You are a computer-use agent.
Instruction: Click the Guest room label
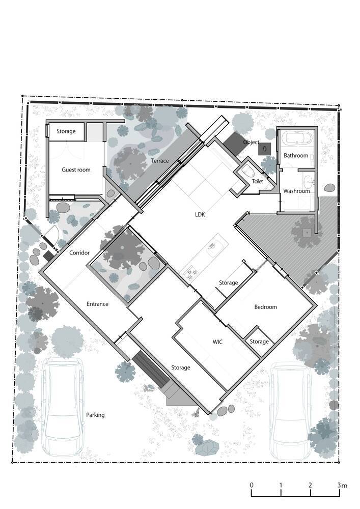pos(76,170)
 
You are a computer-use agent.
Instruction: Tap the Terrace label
pos(160,161)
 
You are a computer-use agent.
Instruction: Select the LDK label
pos(200,215)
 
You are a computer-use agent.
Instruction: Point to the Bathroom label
pos(296,155)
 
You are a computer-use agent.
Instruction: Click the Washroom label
pos(296,191)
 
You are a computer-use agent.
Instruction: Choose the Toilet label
pos(258,181)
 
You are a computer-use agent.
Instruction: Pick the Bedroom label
pos(265,307)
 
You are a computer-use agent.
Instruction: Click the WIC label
pos(217,342)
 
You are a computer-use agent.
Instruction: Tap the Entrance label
pos(97,304)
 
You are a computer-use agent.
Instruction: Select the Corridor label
pos(79,252)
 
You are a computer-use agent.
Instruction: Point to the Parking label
pos(95,415)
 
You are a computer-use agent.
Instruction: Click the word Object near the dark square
pos(251,142)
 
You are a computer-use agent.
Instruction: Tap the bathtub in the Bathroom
pos(297,138)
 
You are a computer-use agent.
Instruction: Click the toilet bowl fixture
pos(248,171)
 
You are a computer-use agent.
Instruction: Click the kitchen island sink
pos(213,250)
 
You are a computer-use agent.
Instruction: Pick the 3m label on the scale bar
pos(342,485)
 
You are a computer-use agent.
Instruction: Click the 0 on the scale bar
pos(252,485)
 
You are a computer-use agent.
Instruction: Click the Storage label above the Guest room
pos(66,131)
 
